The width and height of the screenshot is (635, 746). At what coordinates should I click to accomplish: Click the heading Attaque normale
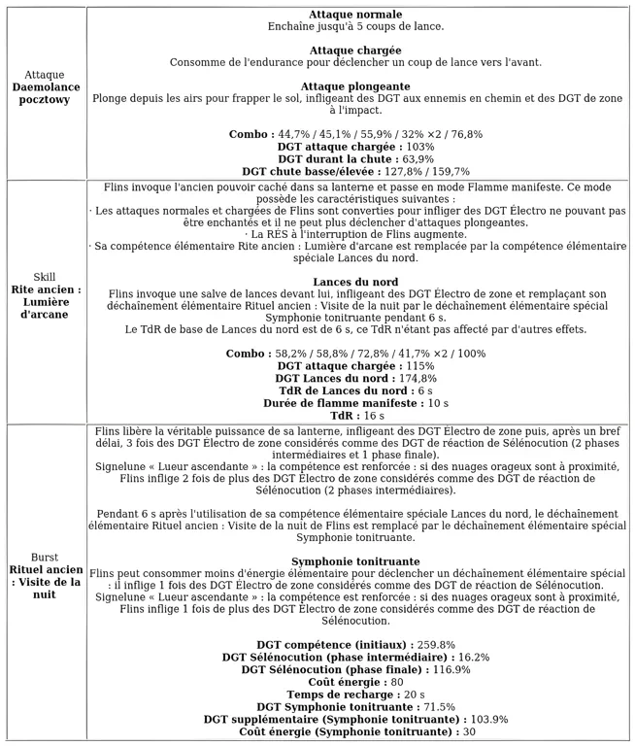pyautogui.click(x=355, y=15)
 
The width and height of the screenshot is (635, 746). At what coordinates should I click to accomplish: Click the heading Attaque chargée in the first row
pyautogui.click(x=355, y=50)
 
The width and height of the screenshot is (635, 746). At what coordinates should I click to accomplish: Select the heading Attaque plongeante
pyautogui.click(x=355, y=86)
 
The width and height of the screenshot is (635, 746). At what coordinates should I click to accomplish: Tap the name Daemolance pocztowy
pyautogui.click(x=45, y=93)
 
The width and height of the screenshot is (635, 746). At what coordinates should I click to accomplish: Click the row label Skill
pyautogui.click(x=45, y=277)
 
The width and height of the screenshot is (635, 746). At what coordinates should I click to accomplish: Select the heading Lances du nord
pyautogui.click(x=355, y=282)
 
